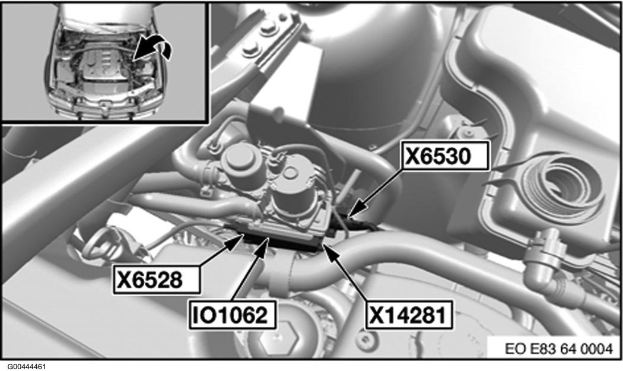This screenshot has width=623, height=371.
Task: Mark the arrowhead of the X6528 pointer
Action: click(243, 236)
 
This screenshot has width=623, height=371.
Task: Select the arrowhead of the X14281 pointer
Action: click(323, 243)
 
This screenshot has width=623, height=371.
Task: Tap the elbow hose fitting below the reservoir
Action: click(543, 261)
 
